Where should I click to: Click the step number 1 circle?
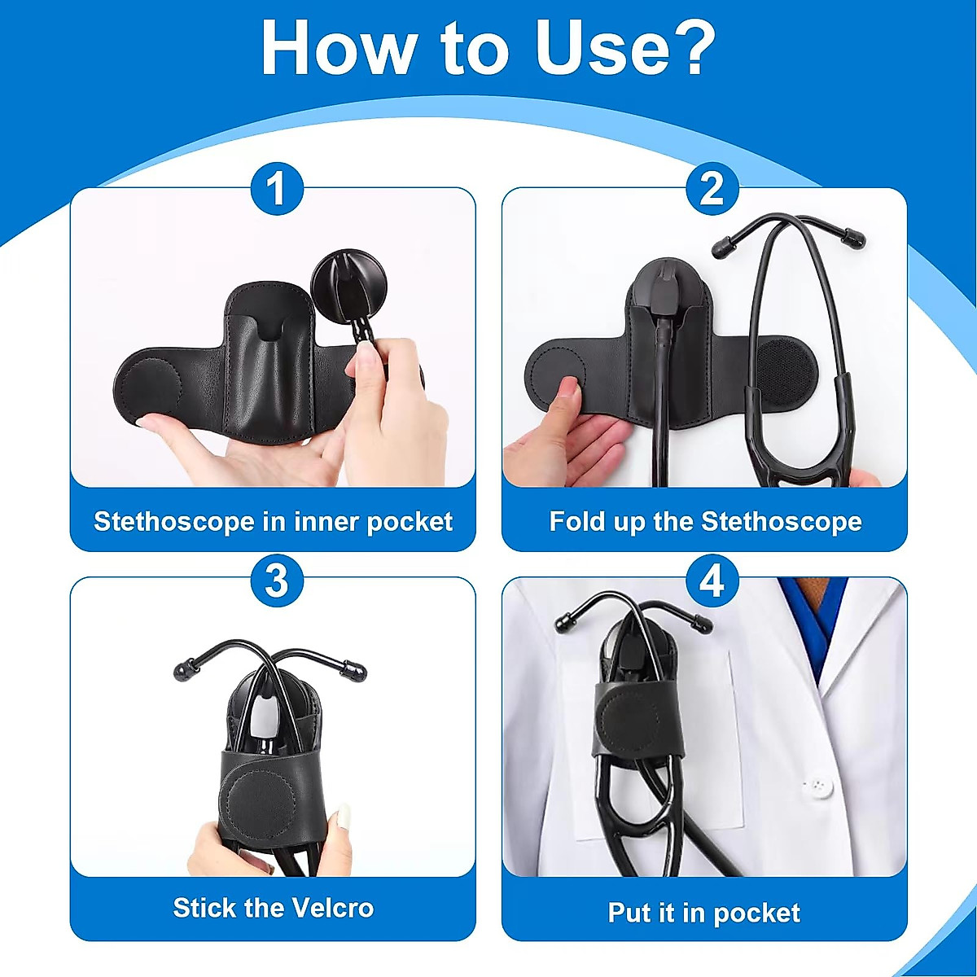tap(277, 189)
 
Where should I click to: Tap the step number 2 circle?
tap(712, 189)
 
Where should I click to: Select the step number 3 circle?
tap(277, 581)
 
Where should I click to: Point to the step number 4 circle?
tap(712, 581)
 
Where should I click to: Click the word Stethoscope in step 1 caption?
tap(174, 521)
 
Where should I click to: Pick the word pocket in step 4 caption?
tap(756, 913)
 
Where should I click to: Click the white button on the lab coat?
tap(818, 786)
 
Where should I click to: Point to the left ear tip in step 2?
tap(722, 245)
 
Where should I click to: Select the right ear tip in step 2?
tap(852, 237)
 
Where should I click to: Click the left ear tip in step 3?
tap(183, 671)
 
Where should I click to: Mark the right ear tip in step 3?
tap(356, 670)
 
